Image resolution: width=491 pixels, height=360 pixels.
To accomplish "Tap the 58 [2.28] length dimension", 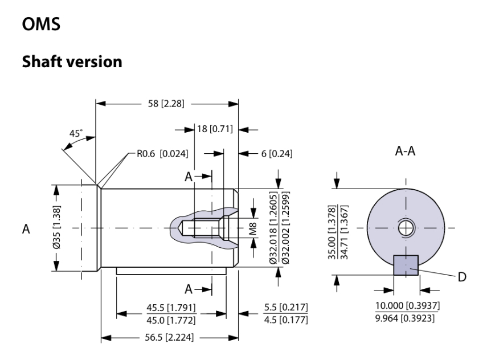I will pyautogui.click(x=166, y=104).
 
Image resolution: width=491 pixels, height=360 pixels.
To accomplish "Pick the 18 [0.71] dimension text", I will pyautogui.click(x=214, y=129).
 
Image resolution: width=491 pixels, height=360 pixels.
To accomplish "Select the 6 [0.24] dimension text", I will pyautogui.click(x=272, y=153).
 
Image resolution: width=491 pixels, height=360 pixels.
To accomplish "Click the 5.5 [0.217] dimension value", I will pyautogui.click(x=287, y=308).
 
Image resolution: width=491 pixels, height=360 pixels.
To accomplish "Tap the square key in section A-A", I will pyautogui.click(x=406, y=265).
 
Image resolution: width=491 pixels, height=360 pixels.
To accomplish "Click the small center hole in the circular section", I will pyautogui.click(x=406, y=228).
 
